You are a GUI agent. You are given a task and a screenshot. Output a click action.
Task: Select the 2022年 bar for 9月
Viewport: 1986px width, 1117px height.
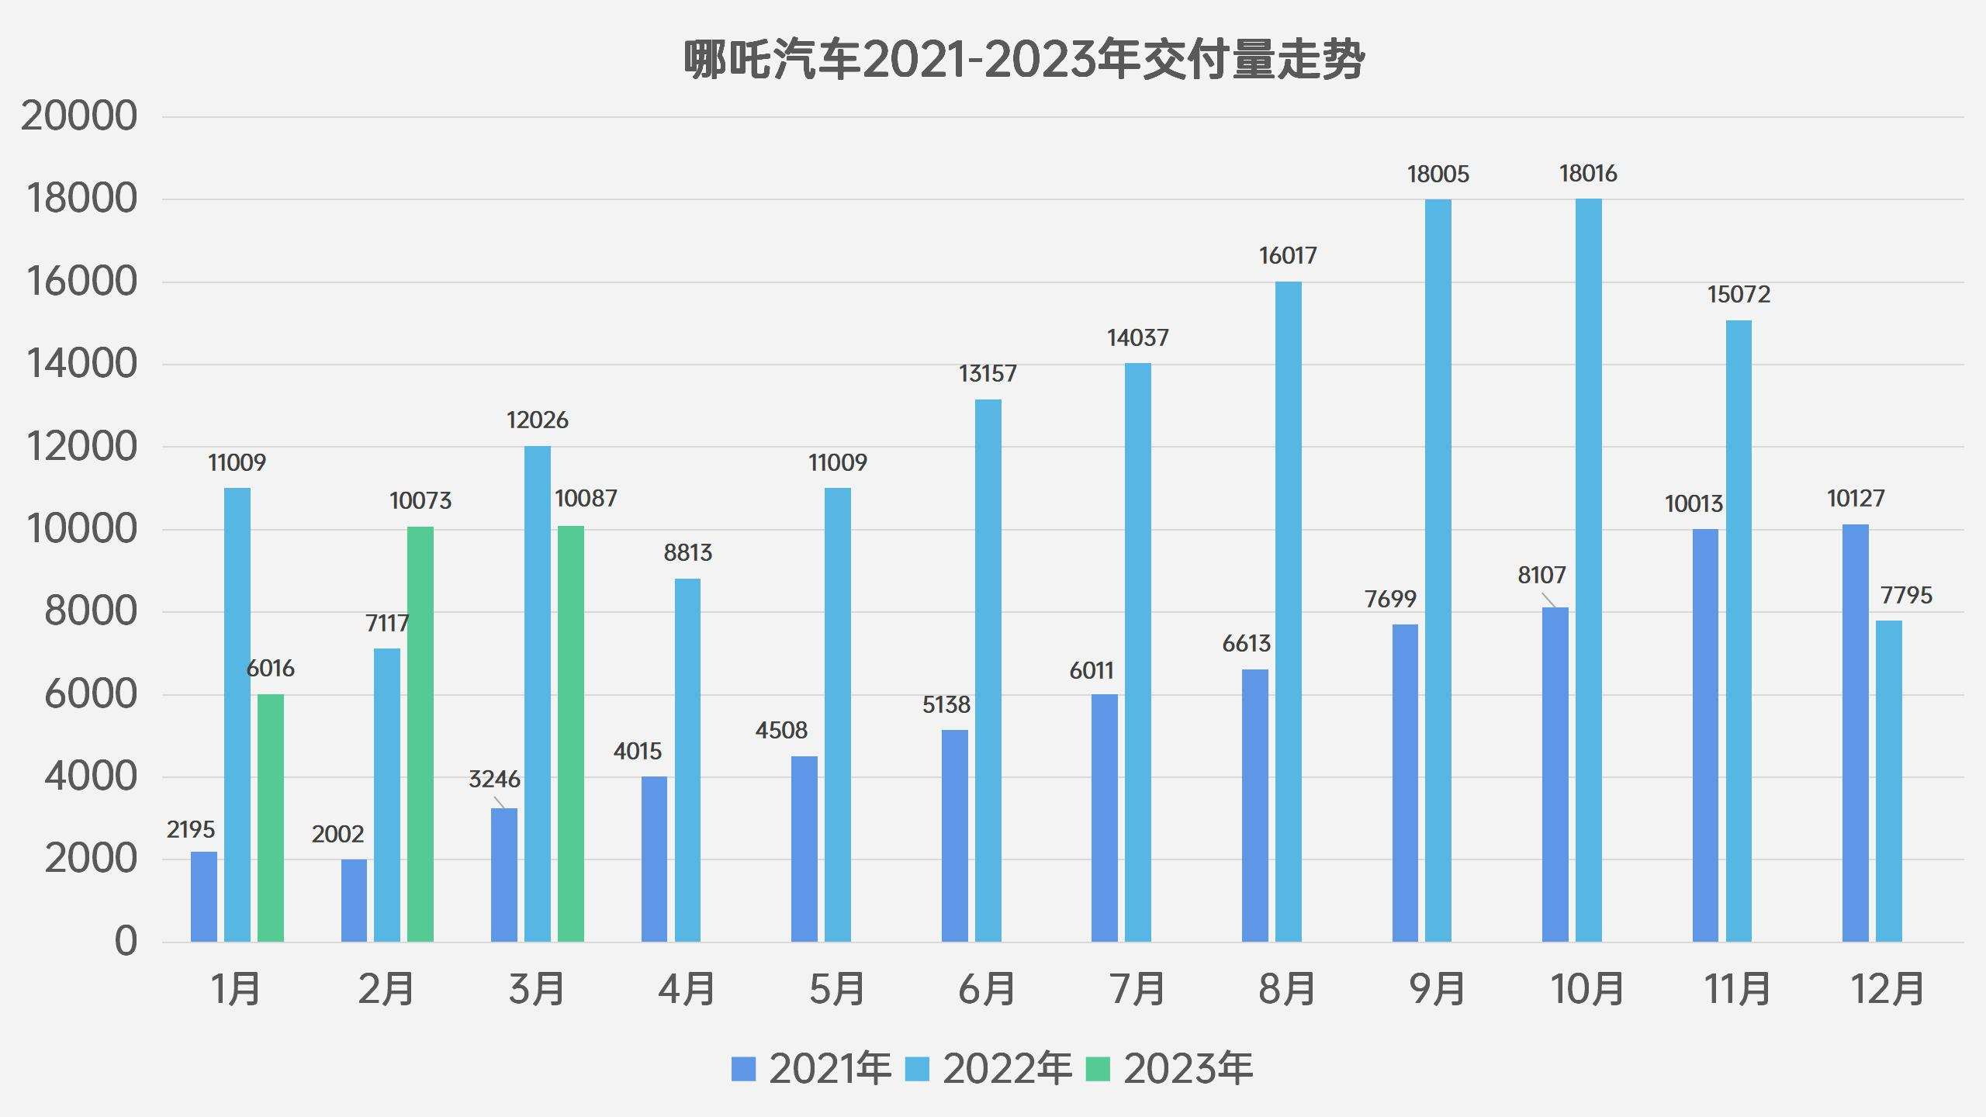1438,570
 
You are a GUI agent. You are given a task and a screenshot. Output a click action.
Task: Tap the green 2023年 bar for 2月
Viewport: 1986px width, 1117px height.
420,734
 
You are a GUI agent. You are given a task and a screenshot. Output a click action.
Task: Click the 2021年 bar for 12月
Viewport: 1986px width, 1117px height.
1855,733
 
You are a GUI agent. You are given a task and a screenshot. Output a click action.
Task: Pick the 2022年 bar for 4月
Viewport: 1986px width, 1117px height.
687,760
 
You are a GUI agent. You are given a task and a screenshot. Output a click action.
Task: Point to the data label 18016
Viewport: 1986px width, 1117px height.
1588,174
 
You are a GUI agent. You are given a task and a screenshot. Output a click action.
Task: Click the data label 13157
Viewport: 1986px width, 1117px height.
987,374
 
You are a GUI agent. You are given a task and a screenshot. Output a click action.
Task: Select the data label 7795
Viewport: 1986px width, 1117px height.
1906,596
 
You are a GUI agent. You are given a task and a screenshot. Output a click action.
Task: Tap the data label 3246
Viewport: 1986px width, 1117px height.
494,779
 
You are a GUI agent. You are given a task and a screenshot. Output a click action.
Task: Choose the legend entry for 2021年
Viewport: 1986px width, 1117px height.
811,1069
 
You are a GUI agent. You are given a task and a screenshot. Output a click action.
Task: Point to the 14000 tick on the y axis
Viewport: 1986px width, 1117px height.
81,364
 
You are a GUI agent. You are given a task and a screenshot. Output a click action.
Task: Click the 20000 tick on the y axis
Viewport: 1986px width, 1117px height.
79,116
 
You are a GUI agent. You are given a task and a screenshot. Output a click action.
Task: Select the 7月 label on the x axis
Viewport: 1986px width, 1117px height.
1137,989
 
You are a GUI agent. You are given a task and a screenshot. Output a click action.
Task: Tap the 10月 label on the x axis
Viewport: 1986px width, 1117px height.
1587,989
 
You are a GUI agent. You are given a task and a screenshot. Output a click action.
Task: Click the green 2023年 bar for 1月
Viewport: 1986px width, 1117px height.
271,818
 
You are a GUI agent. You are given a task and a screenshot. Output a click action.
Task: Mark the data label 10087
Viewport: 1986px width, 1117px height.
586,499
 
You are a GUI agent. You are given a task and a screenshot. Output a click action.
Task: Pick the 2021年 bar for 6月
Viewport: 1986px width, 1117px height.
954,835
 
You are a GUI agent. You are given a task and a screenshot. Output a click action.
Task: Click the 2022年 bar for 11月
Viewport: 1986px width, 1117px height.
1739,631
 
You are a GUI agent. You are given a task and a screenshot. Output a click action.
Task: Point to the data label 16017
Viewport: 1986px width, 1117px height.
1288,256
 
